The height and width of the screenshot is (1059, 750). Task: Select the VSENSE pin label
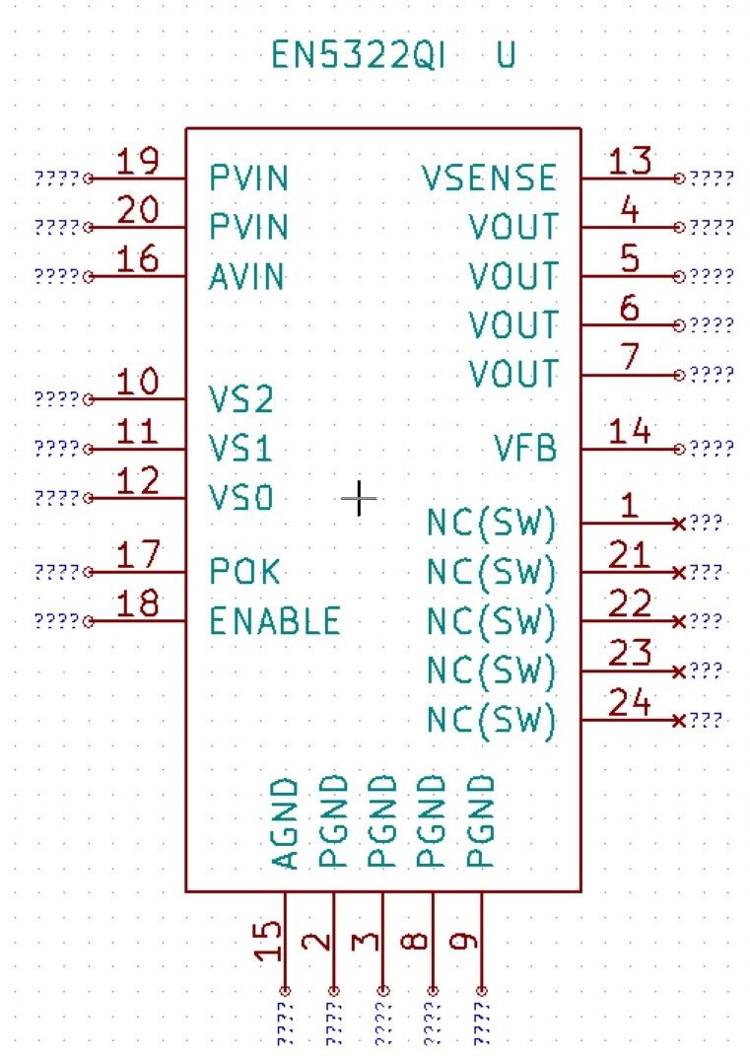pos(489,178)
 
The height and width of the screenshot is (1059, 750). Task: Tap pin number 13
pos(630,161)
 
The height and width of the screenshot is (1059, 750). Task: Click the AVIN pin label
pos(247,277)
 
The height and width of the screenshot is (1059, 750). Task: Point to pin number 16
pos(138,259)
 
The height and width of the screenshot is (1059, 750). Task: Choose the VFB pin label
pos(525,450)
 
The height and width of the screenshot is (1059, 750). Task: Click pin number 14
pos(630,432)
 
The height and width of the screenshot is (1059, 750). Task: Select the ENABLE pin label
pos(275,621)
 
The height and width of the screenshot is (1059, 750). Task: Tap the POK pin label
pos(244,572)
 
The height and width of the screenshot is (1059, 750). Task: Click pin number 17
pos(138,554)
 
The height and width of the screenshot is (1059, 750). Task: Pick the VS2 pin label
pos(241,400)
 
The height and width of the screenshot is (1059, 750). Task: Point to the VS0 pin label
pos(241,499)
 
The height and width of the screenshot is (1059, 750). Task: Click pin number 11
pos(138,432)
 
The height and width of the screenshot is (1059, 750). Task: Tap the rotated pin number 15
pos(267,941)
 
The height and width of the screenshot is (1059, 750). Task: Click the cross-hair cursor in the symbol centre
pos(359,499)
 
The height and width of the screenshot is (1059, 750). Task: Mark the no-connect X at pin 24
pos(679,721)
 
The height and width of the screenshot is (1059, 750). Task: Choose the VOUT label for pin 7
pos(513,375)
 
